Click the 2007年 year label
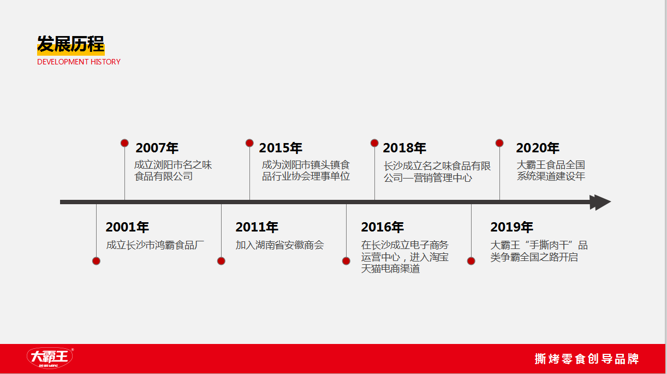tap(157, 148)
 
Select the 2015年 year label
tap(281, 148)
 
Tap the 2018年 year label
tap(404, 148)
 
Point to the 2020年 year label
tap(538, 148)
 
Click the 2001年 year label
tap(127, 227)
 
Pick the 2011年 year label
tap(257, 227)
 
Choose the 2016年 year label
tap(382, 227)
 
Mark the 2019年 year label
tap(511, 227)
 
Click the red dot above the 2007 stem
tap(124, 143)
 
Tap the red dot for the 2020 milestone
tap(499, 143)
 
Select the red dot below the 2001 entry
tap(96, 261)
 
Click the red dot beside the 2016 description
tap(346, 261)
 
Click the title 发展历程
tap(71, 44)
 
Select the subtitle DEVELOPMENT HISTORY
tap(79, 62)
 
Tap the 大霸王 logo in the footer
tap(50, 358)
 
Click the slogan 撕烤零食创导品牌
tap(587, 359)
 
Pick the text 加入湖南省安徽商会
tap(279, 245)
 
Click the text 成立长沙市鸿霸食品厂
tap(155, 245)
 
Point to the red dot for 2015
tap(249, 143)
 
